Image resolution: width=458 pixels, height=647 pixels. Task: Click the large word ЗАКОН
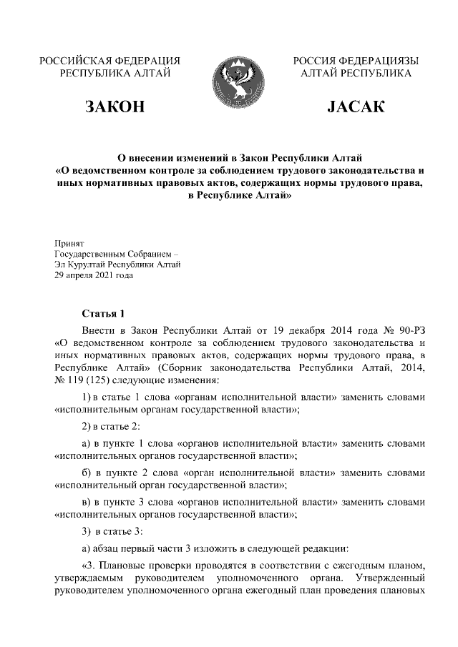click(115, 108)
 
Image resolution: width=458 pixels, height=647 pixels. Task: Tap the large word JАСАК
click(356, 108)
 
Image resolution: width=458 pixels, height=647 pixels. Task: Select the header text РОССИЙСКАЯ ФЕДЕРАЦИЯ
click(109, 61)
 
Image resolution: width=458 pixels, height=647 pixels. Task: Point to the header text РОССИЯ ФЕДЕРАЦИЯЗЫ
click(356, 61)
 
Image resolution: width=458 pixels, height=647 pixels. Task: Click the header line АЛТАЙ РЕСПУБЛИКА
click(356, 73)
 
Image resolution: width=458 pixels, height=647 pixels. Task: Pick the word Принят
click(69, 243)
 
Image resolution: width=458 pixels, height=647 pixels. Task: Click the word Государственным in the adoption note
click(90, 254)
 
